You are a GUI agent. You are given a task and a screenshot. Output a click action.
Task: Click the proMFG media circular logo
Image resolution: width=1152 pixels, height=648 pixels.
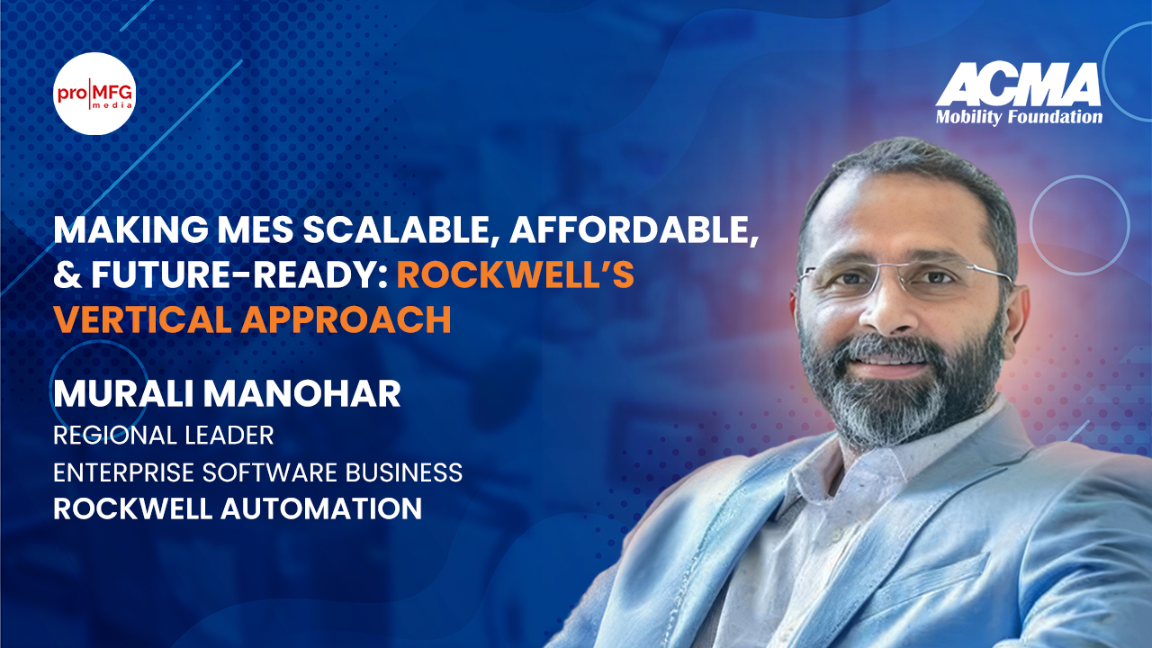tap(94, 93)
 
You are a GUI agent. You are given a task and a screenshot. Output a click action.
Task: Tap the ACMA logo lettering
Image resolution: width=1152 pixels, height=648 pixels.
tap(1018, 85)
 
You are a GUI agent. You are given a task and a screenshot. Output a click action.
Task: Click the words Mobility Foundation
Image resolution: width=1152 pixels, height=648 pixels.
tap(1019, 117)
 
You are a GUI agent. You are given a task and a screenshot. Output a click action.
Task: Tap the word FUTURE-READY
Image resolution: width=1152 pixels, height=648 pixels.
tap(239, 274)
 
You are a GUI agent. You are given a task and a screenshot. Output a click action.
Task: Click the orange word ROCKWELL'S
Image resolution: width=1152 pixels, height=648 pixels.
tap(516, 274)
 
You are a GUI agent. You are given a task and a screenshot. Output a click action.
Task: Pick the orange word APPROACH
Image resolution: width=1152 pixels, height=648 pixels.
tap(346, 319)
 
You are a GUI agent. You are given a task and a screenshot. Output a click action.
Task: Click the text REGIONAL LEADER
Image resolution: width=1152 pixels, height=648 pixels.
tap(164, 436)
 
